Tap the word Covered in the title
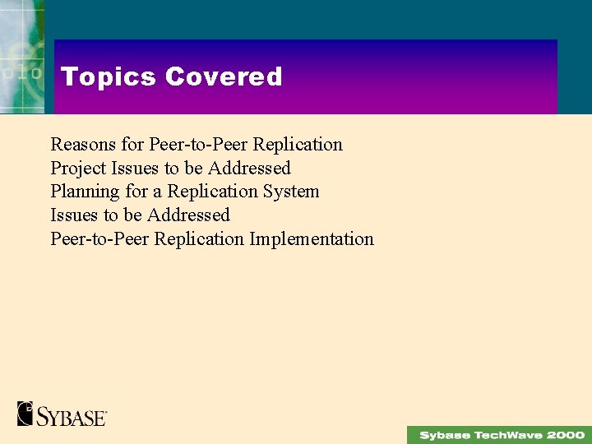(x=223, y=76)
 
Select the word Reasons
(x=83, y=145)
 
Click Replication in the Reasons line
(x=298, y=145)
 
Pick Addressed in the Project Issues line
(x=249, y=169)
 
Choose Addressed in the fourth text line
(x=188, y=215)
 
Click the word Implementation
(x=312, y=239)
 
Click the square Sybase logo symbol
(x=25, y=413)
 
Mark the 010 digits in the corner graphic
(x=21, y=72)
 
